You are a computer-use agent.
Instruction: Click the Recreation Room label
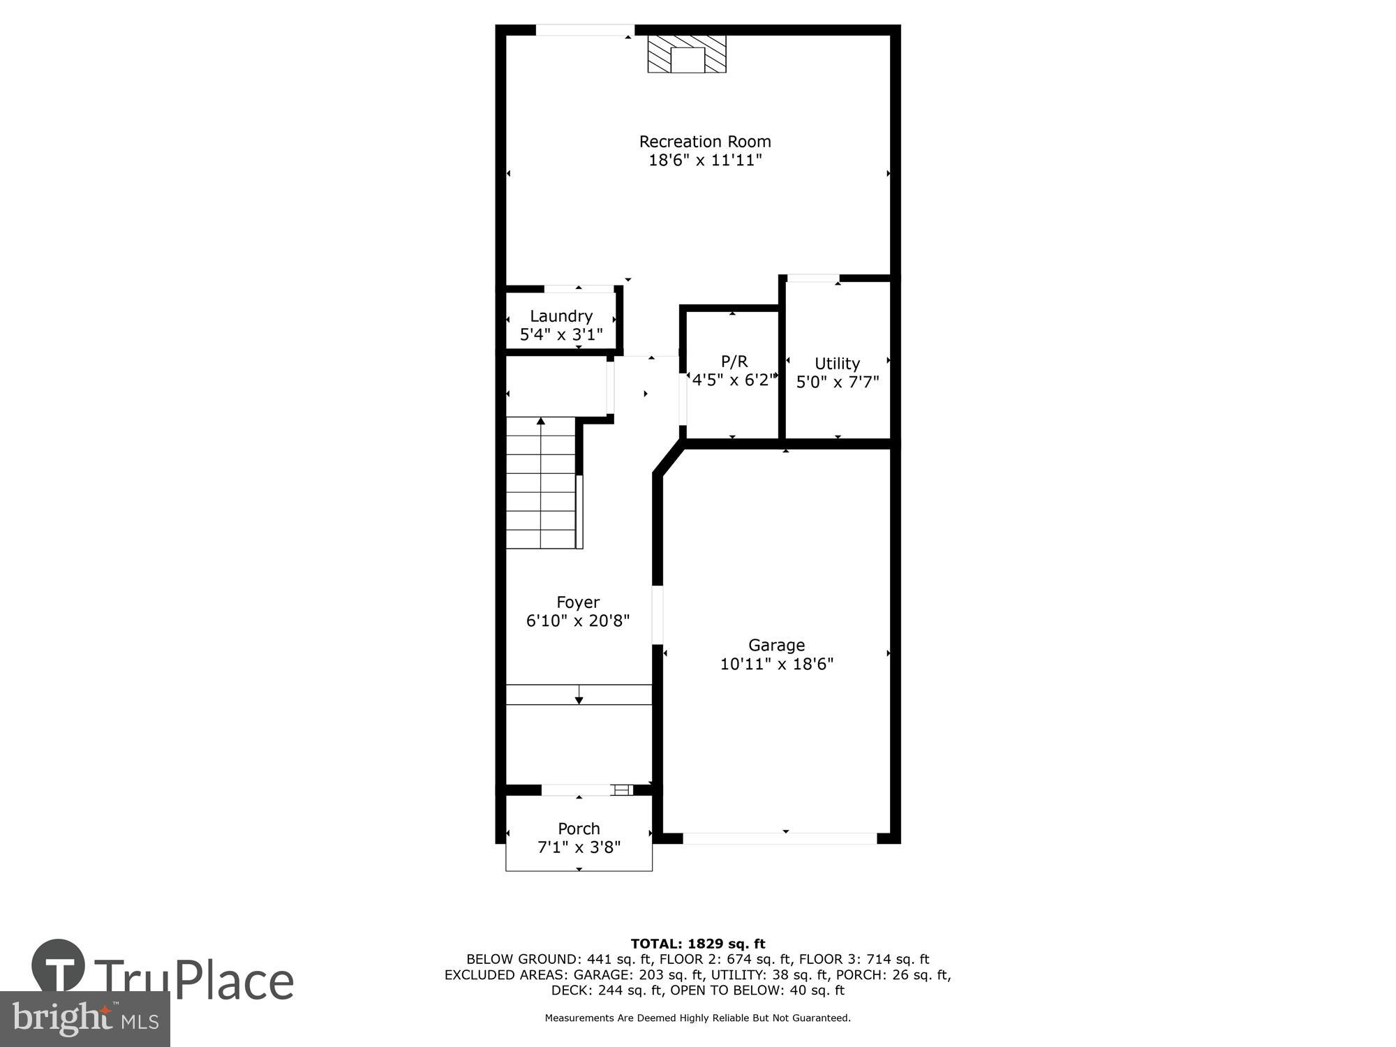click(x=705, y=142)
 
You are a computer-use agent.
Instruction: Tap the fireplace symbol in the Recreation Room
click(x=687, y=54)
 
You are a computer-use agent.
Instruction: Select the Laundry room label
click(x=561, y=316)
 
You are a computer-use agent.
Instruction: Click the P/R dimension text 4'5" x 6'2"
click(x=733, y=380)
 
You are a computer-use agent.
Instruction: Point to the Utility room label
click(x=837, y=364)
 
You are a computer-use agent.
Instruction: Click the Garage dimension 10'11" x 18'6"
click(x=776, y=664)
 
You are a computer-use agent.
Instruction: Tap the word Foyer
click(x=578, y=602)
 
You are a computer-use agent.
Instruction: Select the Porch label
click(x=579, y=829)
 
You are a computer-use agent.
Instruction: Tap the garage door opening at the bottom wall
click(x=780, y=838)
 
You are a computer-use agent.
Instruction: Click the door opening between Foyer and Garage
click(x=657, y=614)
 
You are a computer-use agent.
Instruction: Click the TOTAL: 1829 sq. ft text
click(x=698, y=944)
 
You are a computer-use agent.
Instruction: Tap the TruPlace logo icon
click(x=58, y=965)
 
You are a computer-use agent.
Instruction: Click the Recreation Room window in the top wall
click(x=584, y=30)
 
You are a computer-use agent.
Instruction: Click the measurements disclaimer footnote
click(x=697, y=1018)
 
